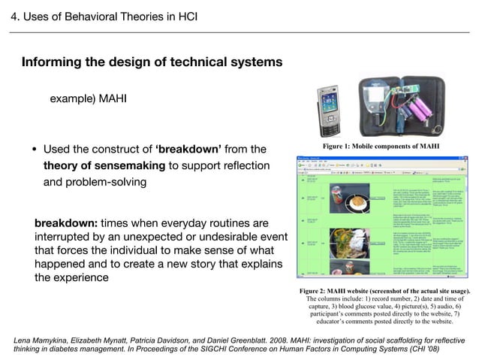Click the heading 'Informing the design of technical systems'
pos(152,62)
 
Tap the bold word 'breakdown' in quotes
pos(188,149)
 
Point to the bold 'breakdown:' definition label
pos(65,224)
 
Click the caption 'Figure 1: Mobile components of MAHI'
pos(381,145)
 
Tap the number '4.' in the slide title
pos(14,16)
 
